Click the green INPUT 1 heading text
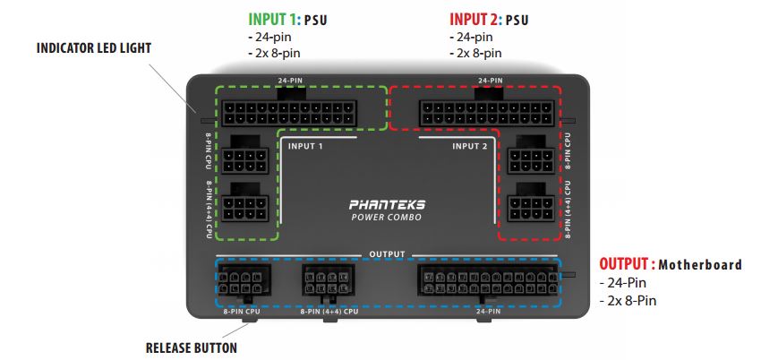274,19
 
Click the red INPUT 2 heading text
476,19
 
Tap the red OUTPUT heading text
626,265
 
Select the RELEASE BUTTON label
191,347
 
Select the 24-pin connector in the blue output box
488,280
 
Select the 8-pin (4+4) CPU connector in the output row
329,282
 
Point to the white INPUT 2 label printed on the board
470,146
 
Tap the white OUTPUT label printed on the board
388,254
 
